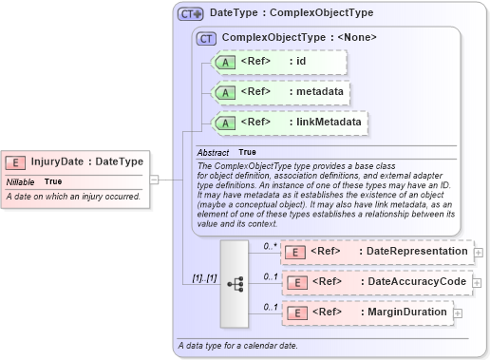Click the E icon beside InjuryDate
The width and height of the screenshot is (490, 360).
coord(17,162)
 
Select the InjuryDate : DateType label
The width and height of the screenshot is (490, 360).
coord(87,162)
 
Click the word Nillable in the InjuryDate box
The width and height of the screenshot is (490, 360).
coord(21,181)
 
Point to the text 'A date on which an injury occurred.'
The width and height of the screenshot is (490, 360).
coord(73,197)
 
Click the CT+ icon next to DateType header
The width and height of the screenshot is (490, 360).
coord(191,14)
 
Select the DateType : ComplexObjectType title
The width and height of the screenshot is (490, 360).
coord(291,14)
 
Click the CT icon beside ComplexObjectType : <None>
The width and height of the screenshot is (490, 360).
coord(205,39)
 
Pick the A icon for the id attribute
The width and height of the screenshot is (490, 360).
coord(225,63)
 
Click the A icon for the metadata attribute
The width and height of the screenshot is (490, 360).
coord(225,93)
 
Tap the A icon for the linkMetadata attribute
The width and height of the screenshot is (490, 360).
coord(225,123)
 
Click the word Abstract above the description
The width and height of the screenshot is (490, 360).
coord(213,152)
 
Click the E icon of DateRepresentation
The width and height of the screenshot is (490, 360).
coord(295,251)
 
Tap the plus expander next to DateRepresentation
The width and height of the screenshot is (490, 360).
coord(478,252)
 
